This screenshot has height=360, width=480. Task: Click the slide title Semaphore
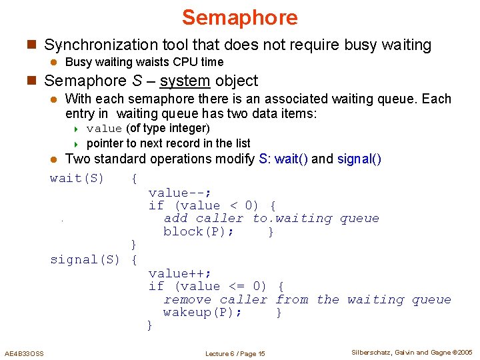click(239, 17)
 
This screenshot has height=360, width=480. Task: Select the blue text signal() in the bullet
click(359, 159)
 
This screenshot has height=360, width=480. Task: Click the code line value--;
click(179, 193)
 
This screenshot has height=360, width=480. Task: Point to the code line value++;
click(179, 273)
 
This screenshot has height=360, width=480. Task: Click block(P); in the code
click(199, 232)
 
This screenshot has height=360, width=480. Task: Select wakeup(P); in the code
click(203, 313)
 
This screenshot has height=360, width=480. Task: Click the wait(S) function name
click(77, 178)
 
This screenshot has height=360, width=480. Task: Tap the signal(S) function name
click(85, 259)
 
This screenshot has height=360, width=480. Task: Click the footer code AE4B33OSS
click(24, 353)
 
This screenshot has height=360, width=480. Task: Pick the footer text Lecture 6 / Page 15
click(235, 353)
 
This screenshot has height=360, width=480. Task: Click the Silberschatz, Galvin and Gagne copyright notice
click(411, 353)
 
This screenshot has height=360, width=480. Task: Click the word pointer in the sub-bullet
click(105, 143)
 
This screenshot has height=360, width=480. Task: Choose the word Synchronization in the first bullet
click(99, 45)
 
